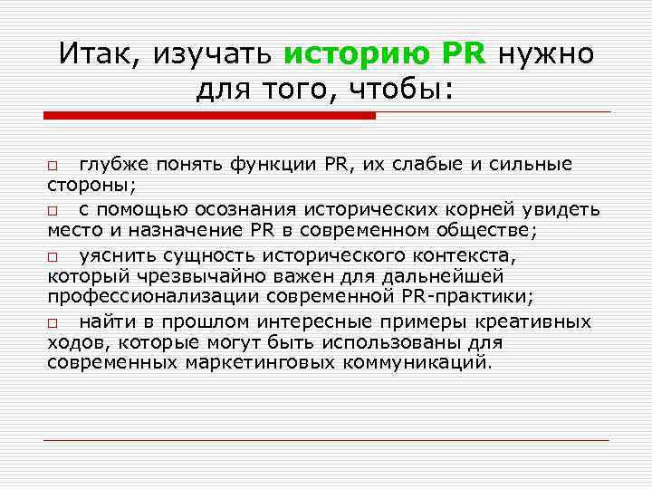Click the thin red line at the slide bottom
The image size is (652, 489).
pos(326,440)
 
